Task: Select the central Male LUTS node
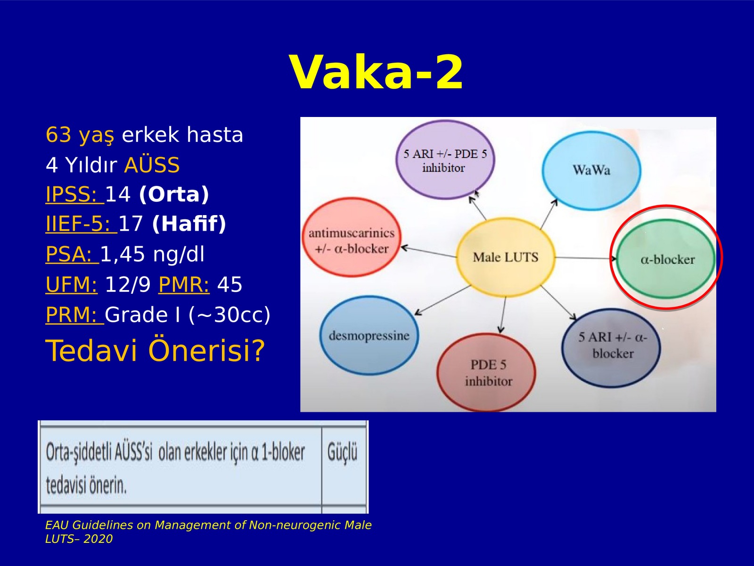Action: point(505,257)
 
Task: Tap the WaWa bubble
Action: point(591,170)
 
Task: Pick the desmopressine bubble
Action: point(369,335)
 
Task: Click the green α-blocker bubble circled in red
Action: point(666,259)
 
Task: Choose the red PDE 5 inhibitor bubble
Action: point(486,372)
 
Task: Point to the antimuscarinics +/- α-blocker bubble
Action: point(352,237)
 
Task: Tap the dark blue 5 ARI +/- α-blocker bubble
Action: point(611,348)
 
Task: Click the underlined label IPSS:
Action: point(74,194)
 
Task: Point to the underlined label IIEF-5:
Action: point(82,224)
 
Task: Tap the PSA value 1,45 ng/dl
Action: point(152,254)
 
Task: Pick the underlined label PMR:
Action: point(184,284)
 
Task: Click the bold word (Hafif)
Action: point(189,224)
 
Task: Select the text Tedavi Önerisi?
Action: point(155,350)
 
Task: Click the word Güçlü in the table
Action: point(342,452)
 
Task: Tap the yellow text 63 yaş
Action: point(80,135)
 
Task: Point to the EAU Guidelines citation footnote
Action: point(208,532)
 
